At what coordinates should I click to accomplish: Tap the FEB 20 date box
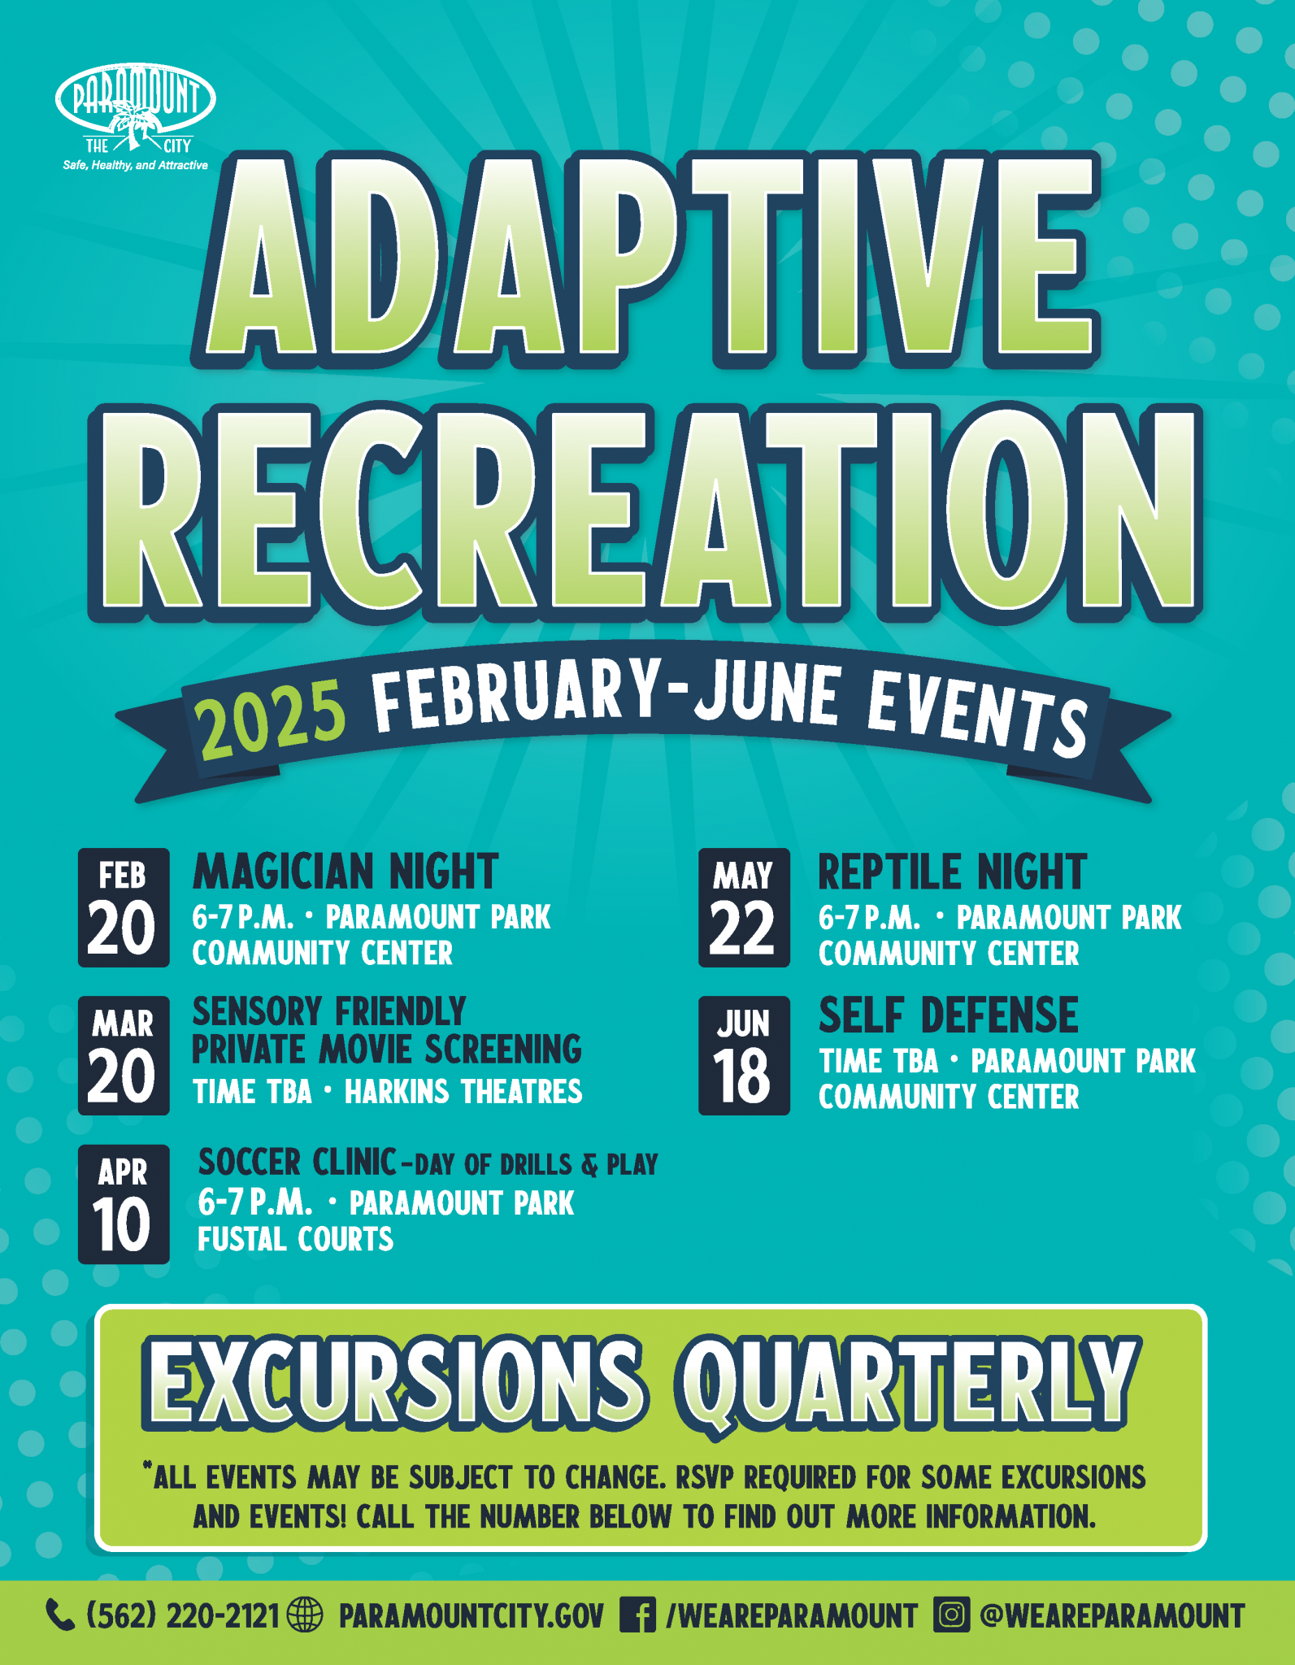(x=124, y=907)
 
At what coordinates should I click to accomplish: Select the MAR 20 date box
(x=124, y=1055)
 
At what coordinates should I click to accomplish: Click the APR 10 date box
(x=124, y=1204)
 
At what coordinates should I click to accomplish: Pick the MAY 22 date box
(x=744, y=907)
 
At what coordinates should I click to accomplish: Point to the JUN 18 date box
(x=744, y=1055)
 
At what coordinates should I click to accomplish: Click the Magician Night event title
(x=345, y=872)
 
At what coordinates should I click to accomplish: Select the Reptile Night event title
(x=952, y=872)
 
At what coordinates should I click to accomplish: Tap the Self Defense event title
(x=948, y=1015)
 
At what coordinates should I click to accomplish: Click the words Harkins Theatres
(x=463, y=1092)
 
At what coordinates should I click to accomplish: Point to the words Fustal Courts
(x=296, y=1239)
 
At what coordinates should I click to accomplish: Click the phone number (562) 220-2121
(x=183, y=1615)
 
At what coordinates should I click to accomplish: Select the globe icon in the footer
(x=306, y=1615)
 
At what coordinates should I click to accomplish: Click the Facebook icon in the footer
(x=637, y=1615)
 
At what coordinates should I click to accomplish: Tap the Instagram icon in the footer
(x=952, y=1615)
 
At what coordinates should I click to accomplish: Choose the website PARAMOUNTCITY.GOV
(x=472, y=1615)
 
